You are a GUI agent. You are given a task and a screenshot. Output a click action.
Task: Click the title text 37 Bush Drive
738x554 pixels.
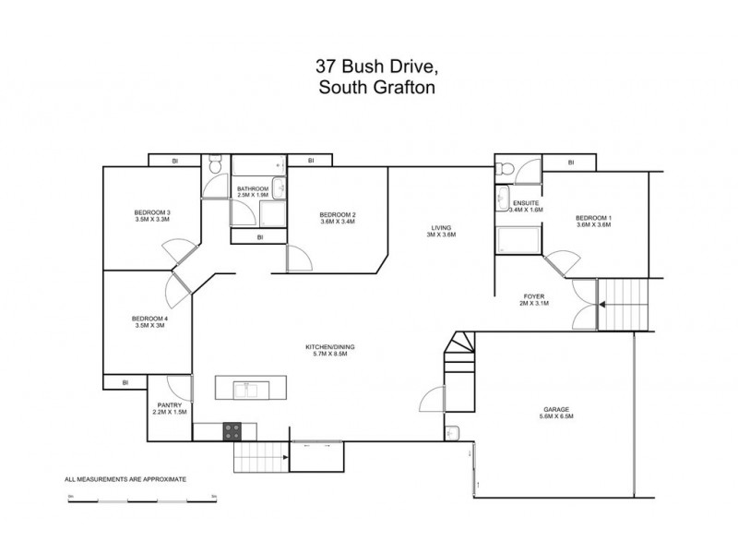point(369,67)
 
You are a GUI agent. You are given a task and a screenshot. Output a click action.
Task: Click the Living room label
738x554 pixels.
point(441,231)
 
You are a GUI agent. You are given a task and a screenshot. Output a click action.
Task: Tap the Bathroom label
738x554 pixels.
point(253,191)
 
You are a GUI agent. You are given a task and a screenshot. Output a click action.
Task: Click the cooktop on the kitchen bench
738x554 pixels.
point(232,429)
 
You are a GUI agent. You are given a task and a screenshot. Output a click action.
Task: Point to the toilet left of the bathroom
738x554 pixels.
point(214,168)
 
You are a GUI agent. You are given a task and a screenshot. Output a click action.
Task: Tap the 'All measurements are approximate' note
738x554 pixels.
point(125,480)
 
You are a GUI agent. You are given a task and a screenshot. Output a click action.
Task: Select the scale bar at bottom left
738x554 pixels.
point(141,500)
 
